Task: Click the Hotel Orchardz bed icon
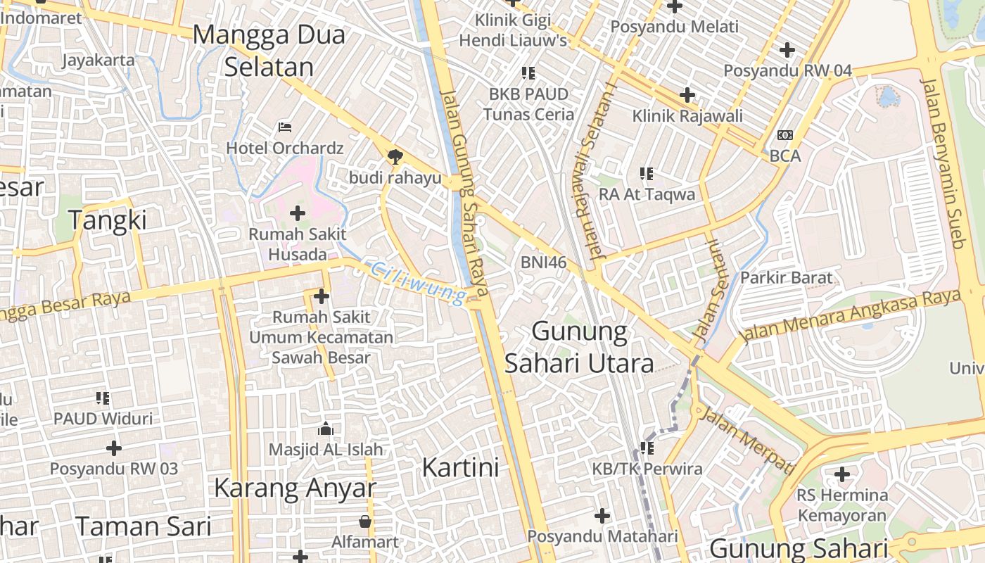[x=285, y=127]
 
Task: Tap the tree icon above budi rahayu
[x=395, y=156]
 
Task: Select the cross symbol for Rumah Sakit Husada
[x=298, y=213]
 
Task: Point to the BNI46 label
[x=543, y=262]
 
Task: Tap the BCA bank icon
[x=785, y=135]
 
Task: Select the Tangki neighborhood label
[x=108, y=220]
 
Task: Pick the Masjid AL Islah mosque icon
[x=325, y=428]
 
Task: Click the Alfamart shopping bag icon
[x=364, y=521]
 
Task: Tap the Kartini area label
[x=461, y=467]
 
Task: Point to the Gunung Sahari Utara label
[x=579, y=347]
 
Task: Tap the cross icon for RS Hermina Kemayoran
[x=841, y=474]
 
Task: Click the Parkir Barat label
[x=786, y=278]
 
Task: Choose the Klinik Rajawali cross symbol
[x=687, y=95]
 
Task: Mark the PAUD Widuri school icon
[x=103, y=398]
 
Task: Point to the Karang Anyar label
[x=295, y=488]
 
